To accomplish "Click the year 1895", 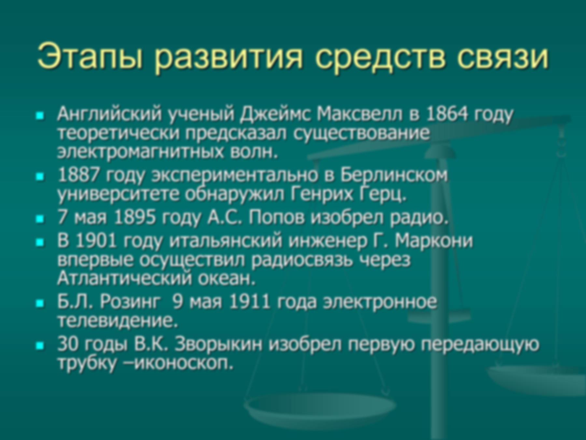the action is point(135,217).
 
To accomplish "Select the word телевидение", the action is point(118,321).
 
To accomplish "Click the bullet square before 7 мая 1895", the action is point(40,219).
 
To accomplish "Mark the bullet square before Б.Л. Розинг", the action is point(40,303).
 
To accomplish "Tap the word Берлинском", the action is point(394,175).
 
